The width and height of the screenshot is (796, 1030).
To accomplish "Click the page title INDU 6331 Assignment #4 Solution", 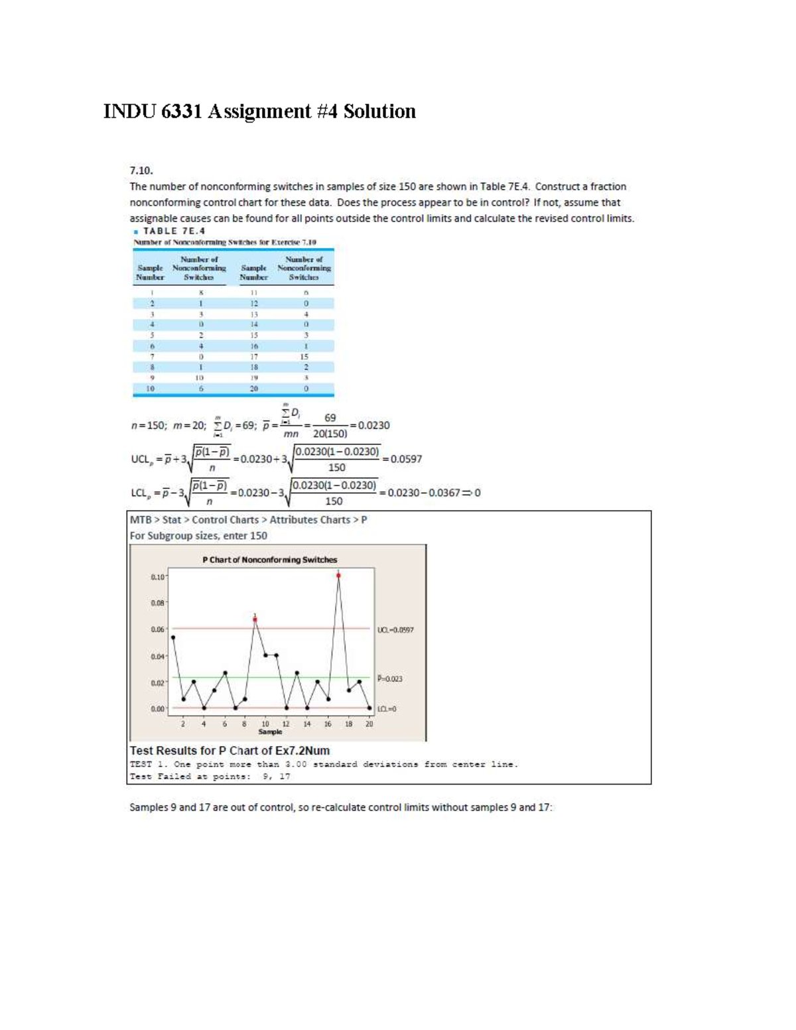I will pyautogui.click(x=259, y=111).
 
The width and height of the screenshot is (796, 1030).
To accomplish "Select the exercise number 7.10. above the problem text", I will pyautogui.click(x=141, y=170).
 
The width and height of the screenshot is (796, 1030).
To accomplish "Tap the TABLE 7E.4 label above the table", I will pyautogui.click(x=174, y=231).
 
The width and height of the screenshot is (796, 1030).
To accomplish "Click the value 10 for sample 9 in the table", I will pyautogui.click(x=200, y=378).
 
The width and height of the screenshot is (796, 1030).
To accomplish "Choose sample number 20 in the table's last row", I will pyautogui.click(x=253, y=389).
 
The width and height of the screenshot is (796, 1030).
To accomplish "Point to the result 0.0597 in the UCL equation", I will pyautogui.click(x=406, y=459).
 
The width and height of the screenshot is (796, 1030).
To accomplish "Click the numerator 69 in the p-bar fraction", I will pyautogui.click(x=330, y=418).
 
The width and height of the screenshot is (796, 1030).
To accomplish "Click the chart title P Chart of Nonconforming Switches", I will pyautogui.click(x=269, y=560).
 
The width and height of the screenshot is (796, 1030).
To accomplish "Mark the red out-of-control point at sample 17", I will pyautogui.click(x=338, y=575).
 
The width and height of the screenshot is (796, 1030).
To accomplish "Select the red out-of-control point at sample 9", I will pyautogui.click(x=255, y=619).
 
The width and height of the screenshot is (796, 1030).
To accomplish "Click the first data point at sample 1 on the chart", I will pyautogui.click(x=173, y=637).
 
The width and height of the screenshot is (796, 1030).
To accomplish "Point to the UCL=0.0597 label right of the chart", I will pyautogui.click(x=395, y=630).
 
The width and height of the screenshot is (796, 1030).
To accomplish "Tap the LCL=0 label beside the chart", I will pyautogui.click(x=387, y=709).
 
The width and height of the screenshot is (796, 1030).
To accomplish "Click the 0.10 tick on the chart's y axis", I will pyautogui.click(x=158, y=577).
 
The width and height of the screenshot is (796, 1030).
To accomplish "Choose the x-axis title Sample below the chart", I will pyautogui.click(x=270, y=732).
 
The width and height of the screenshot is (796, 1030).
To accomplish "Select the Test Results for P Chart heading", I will pyautogui.click(x=230, y=751).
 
